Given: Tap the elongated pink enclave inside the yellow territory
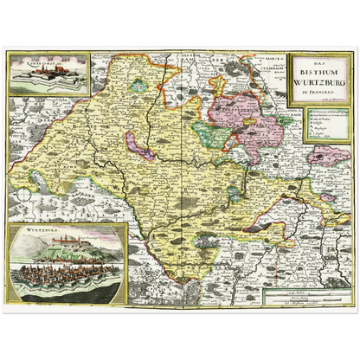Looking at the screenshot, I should point(138,144).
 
